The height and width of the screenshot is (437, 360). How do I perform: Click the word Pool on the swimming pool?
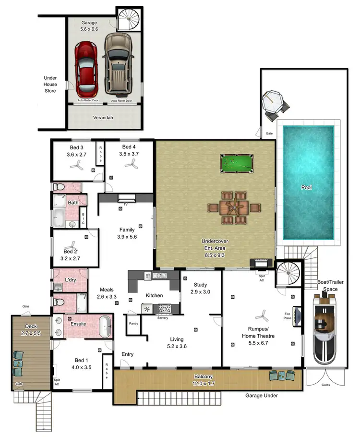(x=306, y=187)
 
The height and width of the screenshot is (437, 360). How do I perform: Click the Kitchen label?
(x=154, y=295)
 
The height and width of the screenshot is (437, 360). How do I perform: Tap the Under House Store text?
(x=50, y=84)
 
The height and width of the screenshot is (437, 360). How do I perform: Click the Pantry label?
(x=133, y=324)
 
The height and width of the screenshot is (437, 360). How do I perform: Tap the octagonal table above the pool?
(x=274, y=102)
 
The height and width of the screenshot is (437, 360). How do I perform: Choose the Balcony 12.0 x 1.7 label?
(x=208, y=379)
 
